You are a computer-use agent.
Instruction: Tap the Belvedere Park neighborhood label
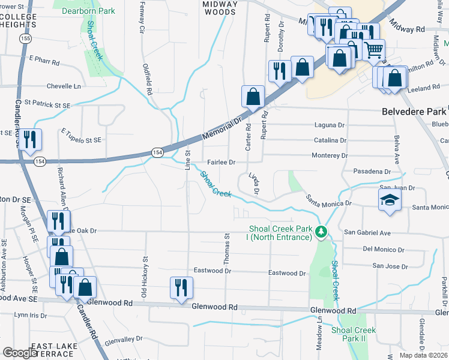414,112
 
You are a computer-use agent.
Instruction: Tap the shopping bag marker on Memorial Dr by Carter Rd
253,97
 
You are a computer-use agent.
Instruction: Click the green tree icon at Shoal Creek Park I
322,231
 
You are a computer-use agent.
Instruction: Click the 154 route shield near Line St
157,153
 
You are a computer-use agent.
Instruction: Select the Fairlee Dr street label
221,162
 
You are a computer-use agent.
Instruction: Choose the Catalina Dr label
330,140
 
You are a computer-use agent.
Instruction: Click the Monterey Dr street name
330,155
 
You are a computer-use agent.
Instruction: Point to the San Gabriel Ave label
367,232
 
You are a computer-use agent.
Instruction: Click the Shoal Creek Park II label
354,334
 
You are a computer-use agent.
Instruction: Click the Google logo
20,353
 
